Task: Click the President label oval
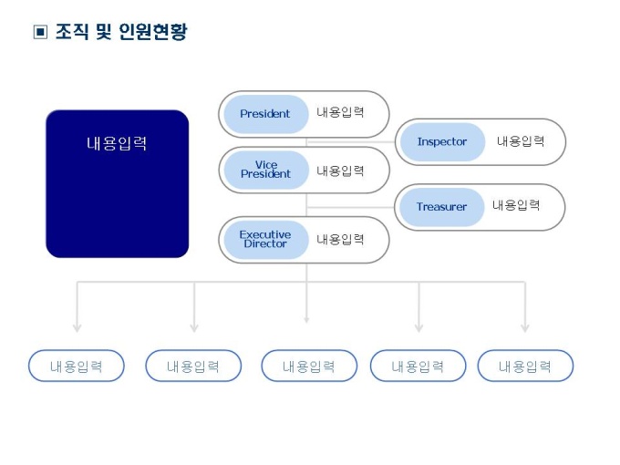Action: (x=265, y=114)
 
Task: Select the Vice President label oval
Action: (x=265, y=170)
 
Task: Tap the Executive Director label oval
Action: (x=265, y=239)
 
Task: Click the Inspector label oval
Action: (x=442, y=142)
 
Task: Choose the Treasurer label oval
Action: (x=442, y=207)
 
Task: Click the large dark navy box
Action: (x=117, y=183)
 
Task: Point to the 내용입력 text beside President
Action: (x=340, y=113)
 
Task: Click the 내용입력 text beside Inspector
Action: (x=521, y=141)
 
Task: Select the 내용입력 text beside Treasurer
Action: (x=516, y=205)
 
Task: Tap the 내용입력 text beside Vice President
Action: (x=340, y=170)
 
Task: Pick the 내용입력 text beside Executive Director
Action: (x=340, y=239)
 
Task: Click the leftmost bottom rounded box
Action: (x=77, y=366)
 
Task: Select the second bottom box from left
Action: (x=193, y=366)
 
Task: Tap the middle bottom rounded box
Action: (x=308, y=366)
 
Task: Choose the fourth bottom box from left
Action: (x=418, y=366)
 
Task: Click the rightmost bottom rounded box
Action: (x=525, y=366)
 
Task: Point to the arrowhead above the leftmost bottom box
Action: (x=77, y=325)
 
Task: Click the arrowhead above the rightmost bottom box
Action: (x=525, y=325)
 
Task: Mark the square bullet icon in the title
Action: (x=39, y=33)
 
